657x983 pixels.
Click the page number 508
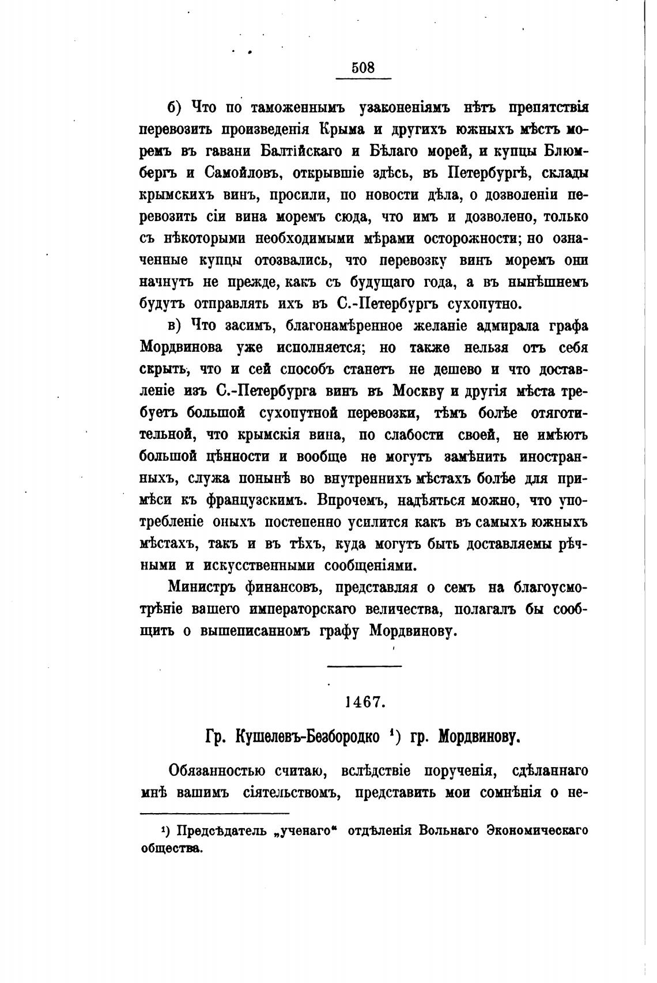coord(363,68)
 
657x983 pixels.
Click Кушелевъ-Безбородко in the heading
coord(308,737)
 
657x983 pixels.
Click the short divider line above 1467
coord(364,667)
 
